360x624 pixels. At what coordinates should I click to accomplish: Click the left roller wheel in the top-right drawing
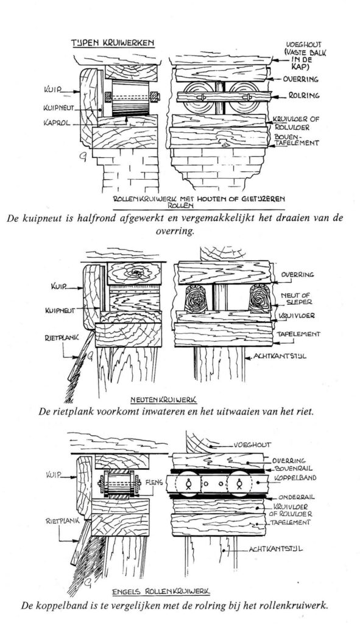pos(196,96)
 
